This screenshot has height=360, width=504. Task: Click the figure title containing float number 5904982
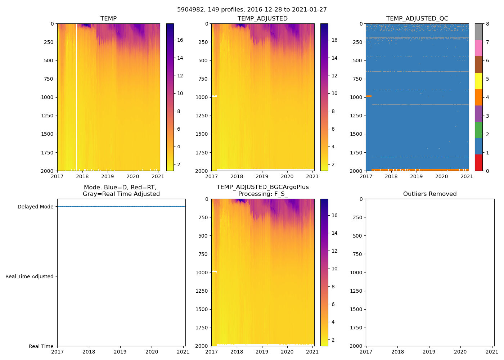point(252,10)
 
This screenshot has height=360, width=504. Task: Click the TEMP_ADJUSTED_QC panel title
point(417,18)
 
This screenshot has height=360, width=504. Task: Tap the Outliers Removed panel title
point(429,194)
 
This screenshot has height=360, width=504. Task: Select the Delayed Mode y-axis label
point(35,207)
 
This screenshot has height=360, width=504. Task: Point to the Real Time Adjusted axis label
point(29,276)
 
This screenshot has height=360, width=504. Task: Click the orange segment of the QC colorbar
point(478,97)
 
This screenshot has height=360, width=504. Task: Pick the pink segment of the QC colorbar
point(478,48)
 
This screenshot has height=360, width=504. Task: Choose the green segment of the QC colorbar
point(478,130)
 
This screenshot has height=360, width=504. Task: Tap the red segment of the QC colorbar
point(478,163)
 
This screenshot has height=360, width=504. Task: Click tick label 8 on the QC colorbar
point(487,24)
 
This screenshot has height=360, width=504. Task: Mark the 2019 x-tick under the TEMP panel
point(107,176)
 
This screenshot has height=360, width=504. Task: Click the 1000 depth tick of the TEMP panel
point(47,97)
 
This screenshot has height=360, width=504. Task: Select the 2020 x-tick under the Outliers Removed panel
point(460,352)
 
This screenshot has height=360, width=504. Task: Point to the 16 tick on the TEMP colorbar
point(180,40)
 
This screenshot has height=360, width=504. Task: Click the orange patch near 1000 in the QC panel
point(369,96)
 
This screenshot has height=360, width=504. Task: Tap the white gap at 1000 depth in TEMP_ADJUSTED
point(214,96)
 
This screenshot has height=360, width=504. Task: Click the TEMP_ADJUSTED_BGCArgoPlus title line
point(262,187)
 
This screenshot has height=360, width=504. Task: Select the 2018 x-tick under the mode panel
point(89,352)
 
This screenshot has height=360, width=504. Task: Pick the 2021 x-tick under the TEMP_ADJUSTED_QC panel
point(467,176)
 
